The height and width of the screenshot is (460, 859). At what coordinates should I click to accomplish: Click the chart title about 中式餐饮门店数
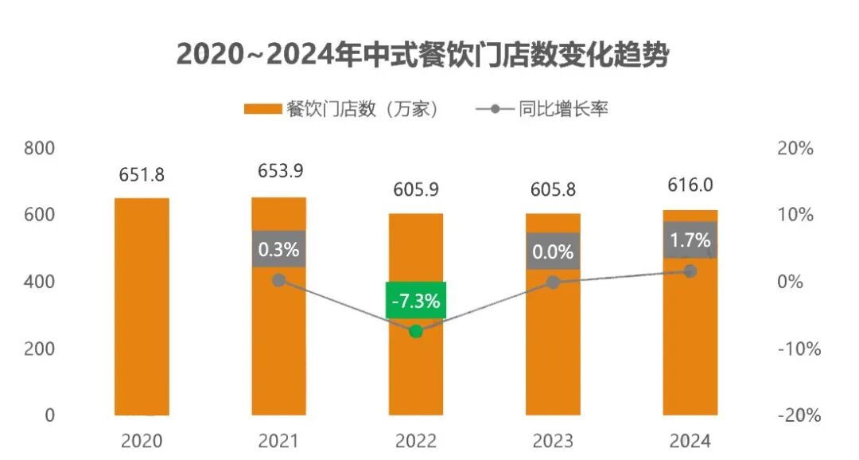click(x=422, y=54)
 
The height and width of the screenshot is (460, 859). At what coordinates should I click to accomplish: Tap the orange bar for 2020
click(x=142, y=306)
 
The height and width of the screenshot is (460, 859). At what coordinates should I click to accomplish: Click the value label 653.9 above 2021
click(x=280, y=171)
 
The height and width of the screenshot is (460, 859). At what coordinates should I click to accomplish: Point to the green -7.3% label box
click(x=415, y=300)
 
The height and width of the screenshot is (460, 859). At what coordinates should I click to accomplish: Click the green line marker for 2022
click(x=415, y=331)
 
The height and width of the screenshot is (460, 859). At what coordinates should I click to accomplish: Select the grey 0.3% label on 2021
click(x=278, y=249)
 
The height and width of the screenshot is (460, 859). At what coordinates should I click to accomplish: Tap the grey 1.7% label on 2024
click(x=690, y=240)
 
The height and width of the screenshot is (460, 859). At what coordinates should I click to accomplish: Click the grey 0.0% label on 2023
click(x=554, y=251)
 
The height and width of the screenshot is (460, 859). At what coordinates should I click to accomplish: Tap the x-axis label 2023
click(x=554, y=440)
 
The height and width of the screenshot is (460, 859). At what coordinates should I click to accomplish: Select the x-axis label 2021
click(x=278, y=440)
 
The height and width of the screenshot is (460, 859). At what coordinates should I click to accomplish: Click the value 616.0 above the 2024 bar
click(x=690, y=185)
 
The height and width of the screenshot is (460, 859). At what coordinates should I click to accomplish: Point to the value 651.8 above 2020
click(x=142, y=174)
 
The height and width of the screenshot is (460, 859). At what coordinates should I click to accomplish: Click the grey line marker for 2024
click(x=690, y=271)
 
